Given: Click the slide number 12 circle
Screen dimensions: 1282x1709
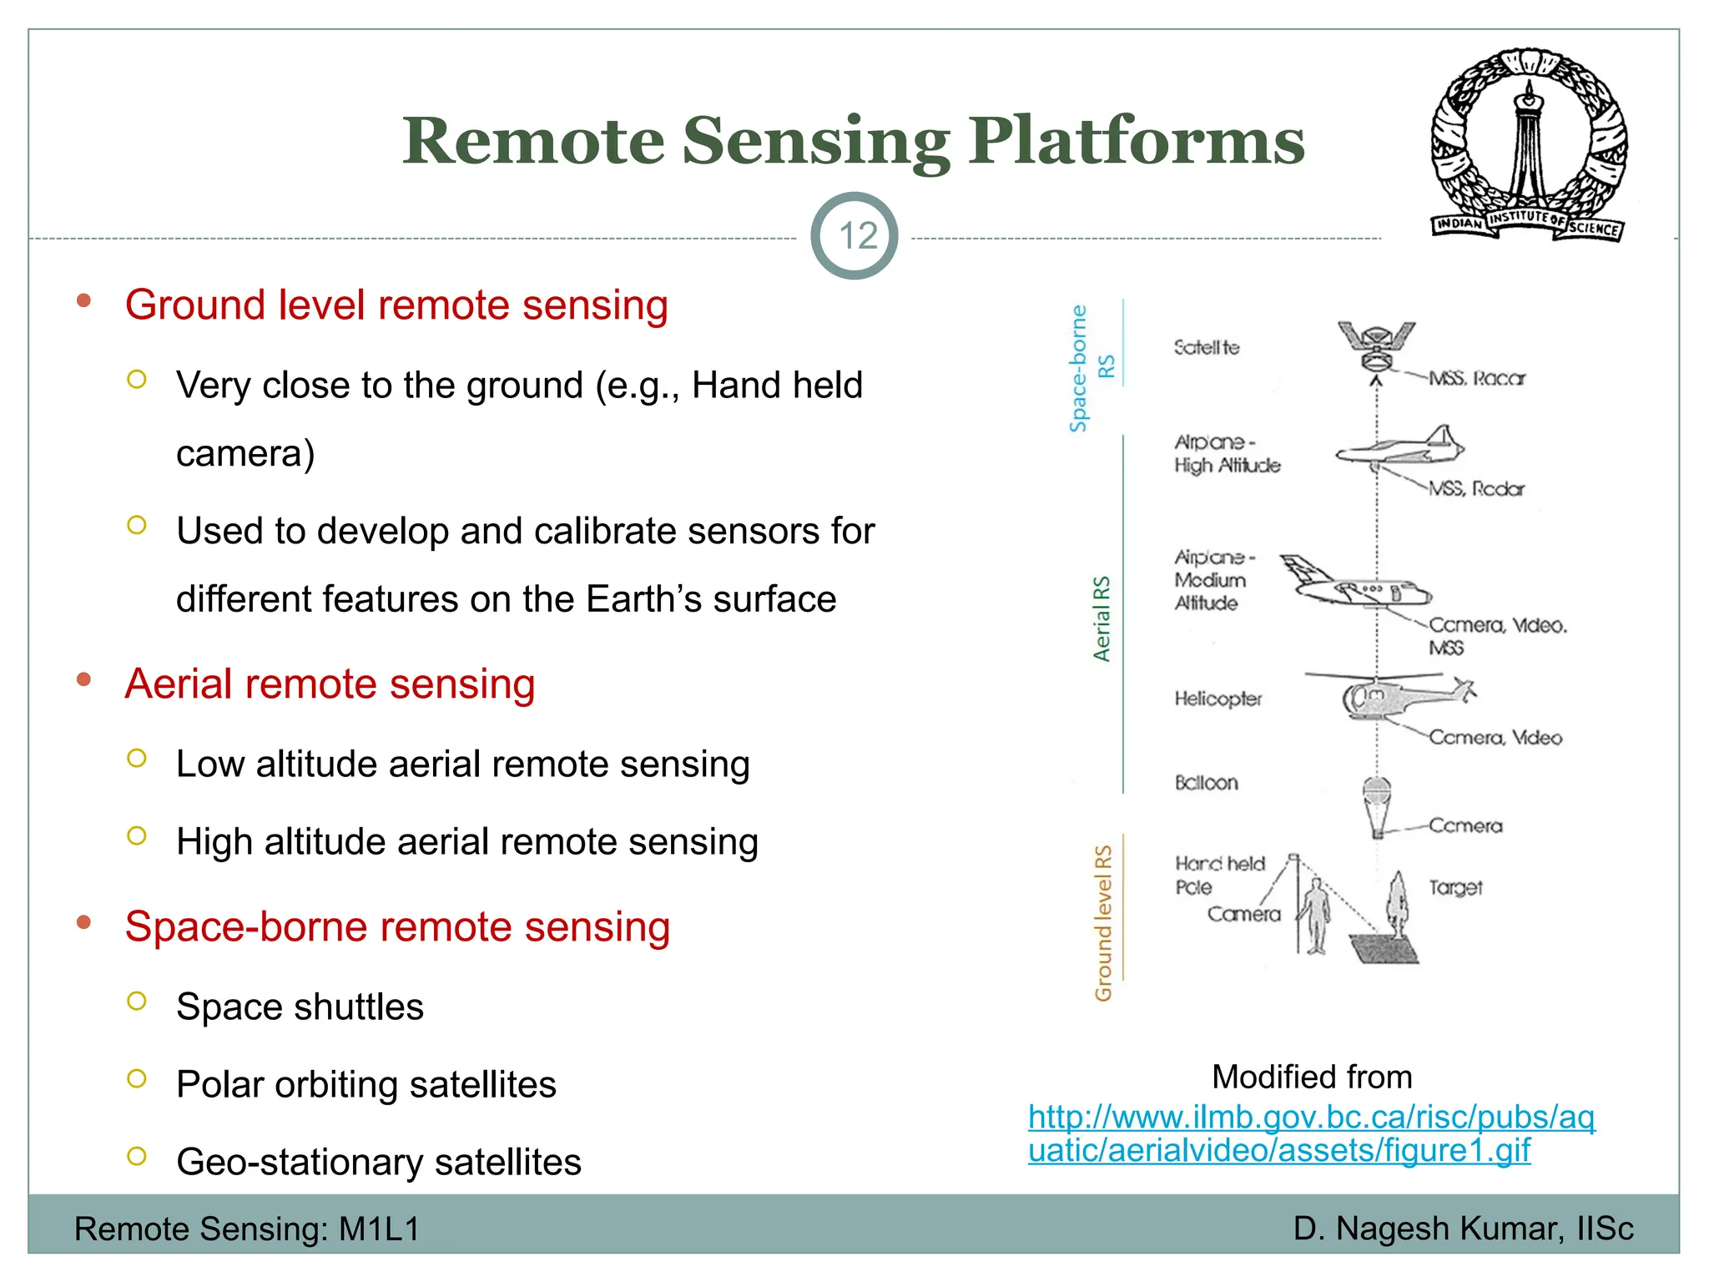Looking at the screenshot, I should pyautogui.click(x=854, y=236).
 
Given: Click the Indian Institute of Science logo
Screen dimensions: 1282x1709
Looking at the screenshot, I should pyautogui.click(x=1529, y=144).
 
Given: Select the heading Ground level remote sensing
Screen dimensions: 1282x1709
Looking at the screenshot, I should pyautogui.click(x=396, y=305).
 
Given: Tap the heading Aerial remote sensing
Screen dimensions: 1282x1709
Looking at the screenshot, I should pyautogui.click(x=330, y=684).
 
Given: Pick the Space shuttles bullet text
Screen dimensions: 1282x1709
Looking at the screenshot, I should pyautogui.click(x=300, y=1007).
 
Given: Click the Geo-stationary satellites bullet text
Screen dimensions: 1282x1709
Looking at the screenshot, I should pyautogui.click(x=378, y=1162).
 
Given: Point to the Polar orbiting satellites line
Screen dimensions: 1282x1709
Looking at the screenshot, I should pyautogui.click(x=365, y=1084).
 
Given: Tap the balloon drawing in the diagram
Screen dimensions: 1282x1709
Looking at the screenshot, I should pyautogui.click(x=1377, y=804).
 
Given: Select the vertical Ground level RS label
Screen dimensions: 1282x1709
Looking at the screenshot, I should pyautogui.click(x=1103, y=922).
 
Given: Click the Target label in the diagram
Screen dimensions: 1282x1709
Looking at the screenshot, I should pyautogui.click(x=1455, y=887).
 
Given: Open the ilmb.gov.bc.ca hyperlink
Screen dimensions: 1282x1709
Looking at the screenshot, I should pyautogui.click(x=1310, y=1133).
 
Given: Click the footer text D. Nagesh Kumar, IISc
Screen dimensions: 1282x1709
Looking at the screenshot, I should pyautogui.click(x=1463, y=1229).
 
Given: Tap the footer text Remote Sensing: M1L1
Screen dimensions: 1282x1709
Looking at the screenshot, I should pyautogui.click(x=247, y=1229).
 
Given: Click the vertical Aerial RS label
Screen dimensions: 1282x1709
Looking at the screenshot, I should pyautogui.click(x=1102, y=618).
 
